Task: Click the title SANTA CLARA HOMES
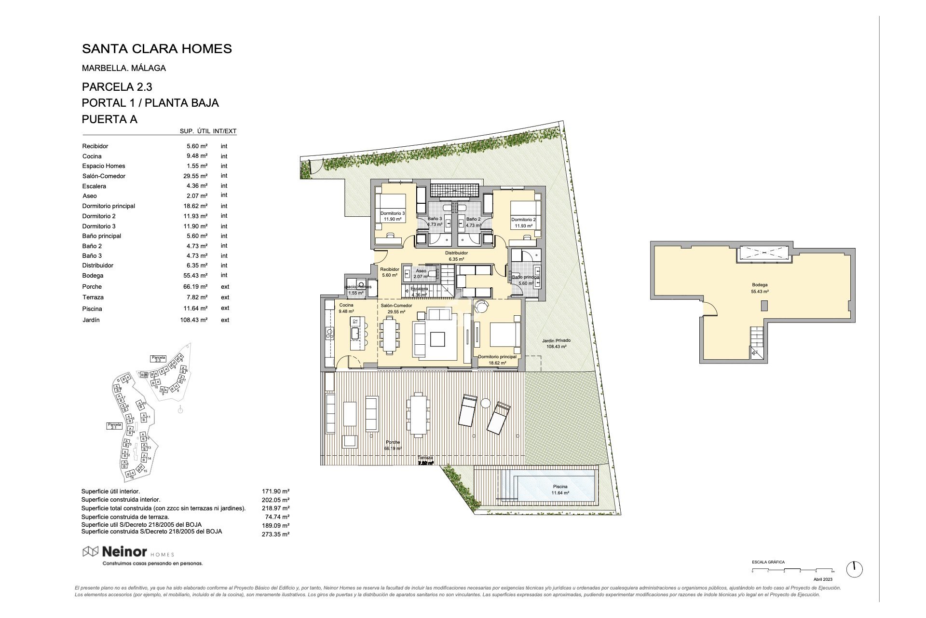click(157, 49)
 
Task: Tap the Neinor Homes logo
click(128, 551)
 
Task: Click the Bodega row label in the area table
click(93, 276)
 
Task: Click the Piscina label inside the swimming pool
click(560, 487)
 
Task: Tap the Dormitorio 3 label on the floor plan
click(393, 213)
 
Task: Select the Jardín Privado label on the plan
click(556, 340)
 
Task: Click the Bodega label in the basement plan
click(760, 285)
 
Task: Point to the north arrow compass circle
click(854, 569)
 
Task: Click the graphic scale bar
click(784, 571)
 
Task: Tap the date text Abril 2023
click(823, 579)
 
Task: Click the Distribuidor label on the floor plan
click(456, 253)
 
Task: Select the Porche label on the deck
click(393, 442)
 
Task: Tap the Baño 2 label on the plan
click(473, 219)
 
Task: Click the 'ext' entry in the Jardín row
click(225, 320)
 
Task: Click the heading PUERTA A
click(109, 119)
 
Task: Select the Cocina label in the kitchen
click(346, 305)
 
